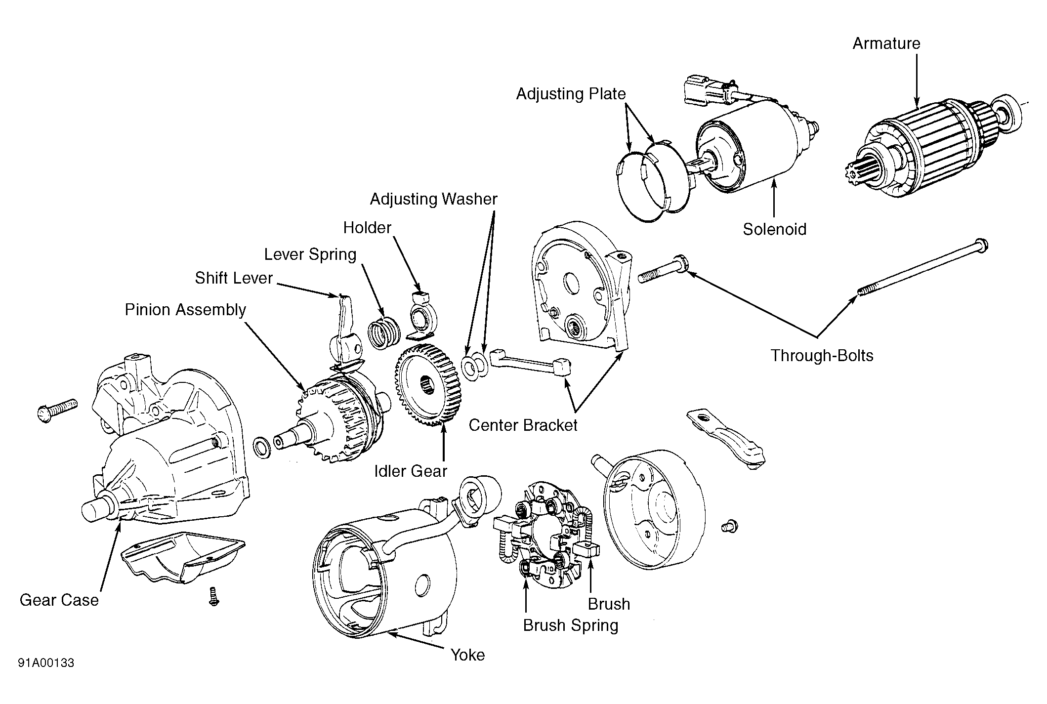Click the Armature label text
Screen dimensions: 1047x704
pyautogui.click(x=886, y=43)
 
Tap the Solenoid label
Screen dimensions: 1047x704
pyautogui.click(x=774, y=229)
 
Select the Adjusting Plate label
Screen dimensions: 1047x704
pyautogui.click(x=571, y=94)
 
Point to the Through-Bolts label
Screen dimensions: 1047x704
pyautogui.click(x=822, y=356)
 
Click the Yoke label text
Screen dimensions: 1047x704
pyautogui.click(x=467, y=655)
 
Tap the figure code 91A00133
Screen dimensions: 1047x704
pyautogui.click(x=46, y=663)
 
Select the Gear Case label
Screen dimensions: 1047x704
pyautogui.click(x=59, y=600)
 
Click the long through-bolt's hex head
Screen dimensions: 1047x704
pyautogui.click(x=981, y=246)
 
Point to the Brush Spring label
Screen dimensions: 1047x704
pyautogui.click(x=571, y=625)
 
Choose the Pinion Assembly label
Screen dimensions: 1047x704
pyautogui.click(x=185, y=310)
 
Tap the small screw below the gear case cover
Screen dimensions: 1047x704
pyautogui.click(x=214, y=596)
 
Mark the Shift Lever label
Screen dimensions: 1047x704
pyautogui.click(x=234, y=278)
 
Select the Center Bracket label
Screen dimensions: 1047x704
pyautogui.click(x=523, y=425)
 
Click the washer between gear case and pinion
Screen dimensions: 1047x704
pyautogui.click(x=261, y=448)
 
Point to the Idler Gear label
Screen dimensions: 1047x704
pyautogui.click(x=410, y=471)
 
